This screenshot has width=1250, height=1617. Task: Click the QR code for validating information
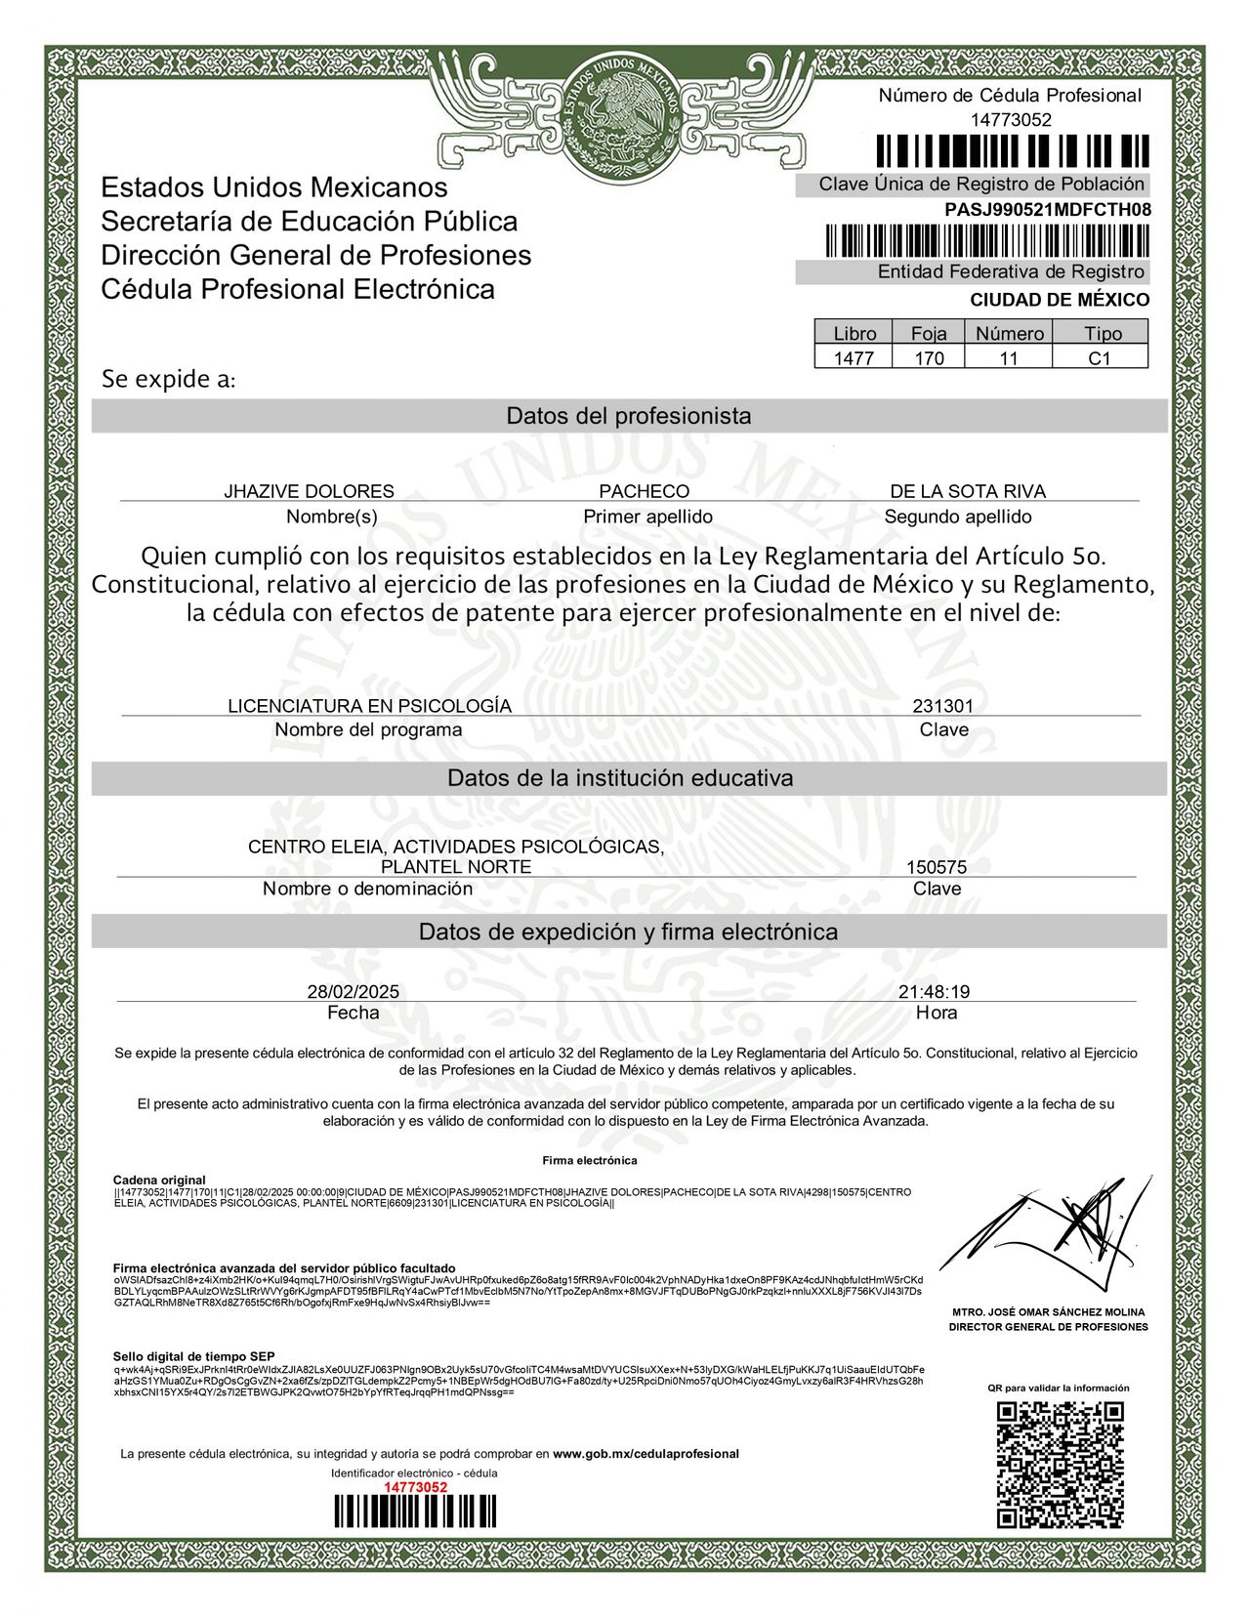(1060, 1465)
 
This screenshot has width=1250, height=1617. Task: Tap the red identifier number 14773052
(415, 1486)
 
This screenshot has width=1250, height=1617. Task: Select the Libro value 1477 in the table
(854, 358)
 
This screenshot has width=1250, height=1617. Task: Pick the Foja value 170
(929, 358)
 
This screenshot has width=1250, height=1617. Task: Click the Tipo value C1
(1100, 358)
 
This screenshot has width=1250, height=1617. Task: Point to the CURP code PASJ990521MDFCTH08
(1047, 210)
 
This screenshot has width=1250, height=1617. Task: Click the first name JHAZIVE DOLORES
(309, 491)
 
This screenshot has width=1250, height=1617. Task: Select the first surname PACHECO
(644, 491)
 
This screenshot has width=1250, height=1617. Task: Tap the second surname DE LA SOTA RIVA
(967, 491)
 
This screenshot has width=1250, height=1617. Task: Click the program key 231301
(942, 706)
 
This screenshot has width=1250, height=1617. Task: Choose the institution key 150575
(937, 867)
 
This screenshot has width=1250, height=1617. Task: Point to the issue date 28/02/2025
(353, 992)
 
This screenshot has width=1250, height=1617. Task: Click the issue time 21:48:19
(934, 992)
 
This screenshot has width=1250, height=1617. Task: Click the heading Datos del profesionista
(628, 416)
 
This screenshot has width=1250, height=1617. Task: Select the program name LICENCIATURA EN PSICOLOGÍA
(369, 706)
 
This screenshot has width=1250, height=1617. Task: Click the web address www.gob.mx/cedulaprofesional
(646, 1454)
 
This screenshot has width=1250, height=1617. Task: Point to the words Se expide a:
(168, 379)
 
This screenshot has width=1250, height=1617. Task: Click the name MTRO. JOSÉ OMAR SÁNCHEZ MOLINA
(1049, 1312)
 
